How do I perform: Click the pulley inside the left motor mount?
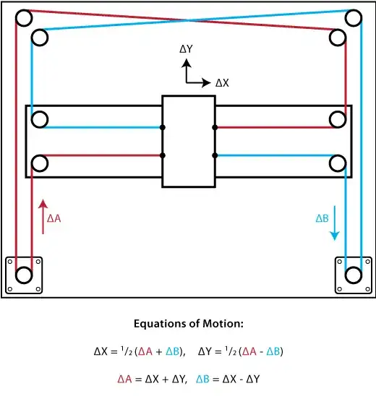(24, 275)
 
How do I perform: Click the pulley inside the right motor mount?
(353, 275)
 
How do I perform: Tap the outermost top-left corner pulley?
(24, 17)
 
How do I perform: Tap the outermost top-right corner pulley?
(353, 17)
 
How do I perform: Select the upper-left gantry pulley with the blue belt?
(39, 119)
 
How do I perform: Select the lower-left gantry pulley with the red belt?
(39, 163)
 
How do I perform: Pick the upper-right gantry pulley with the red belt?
(337, 119)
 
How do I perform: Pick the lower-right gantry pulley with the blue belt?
(337, 163)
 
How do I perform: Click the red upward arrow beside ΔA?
(43, 217)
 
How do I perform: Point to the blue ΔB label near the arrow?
(322, 218)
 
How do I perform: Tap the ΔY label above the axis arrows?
(187, 50)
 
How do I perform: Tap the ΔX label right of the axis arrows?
(222, 83)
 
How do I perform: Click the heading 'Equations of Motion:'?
(188, 323)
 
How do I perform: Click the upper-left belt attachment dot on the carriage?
(163, 127)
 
